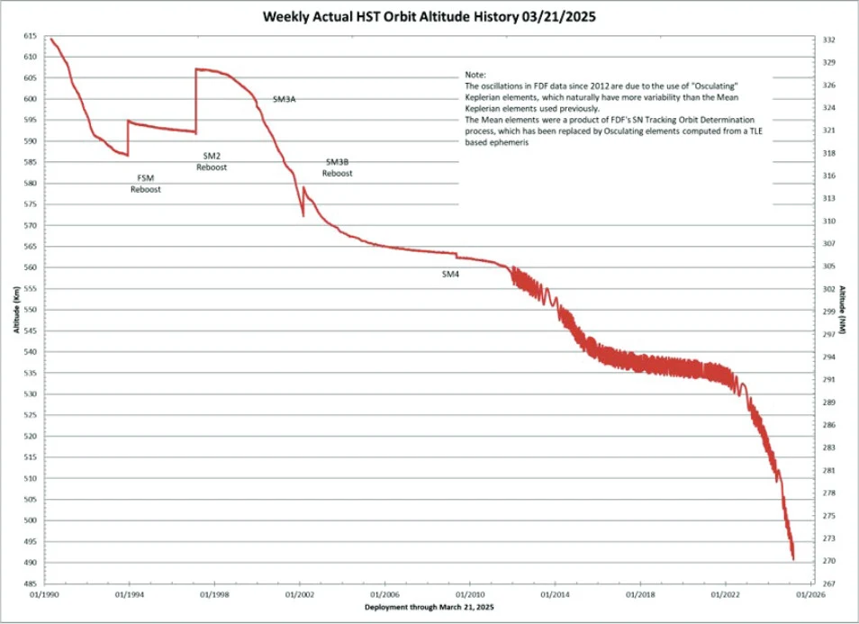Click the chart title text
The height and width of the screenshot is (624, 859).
430,16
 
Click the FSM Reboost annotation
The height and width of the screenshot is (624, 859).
145,184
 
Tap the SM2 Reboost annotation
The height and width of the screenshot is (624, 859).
212,161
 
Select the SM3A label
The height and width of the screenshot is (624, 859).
284,99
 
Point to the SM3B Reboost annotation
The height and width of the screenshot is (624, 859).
337,167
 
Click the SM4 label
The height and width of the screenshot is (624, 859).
450,274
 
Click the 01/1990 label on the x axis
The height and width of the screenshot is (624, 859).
44,595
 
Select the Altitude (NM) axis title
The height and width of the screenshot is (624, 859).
843,309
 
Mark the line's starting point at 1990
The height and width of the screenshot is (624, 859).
51,39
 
